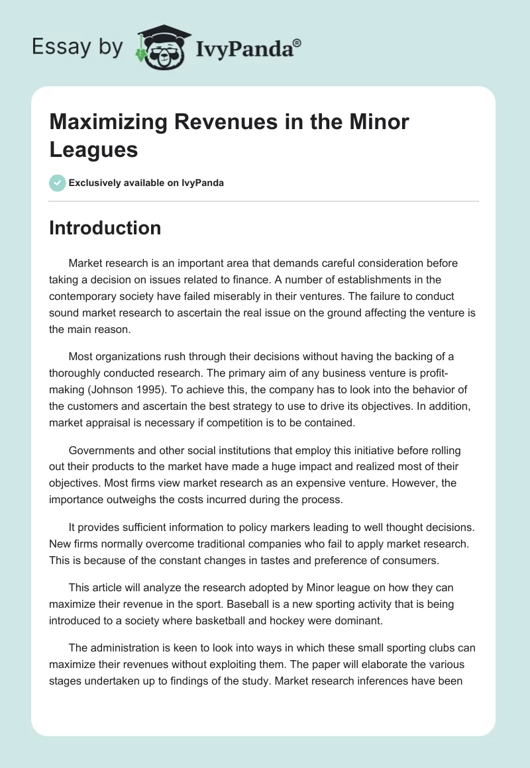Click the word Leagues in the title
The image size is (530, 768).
93,149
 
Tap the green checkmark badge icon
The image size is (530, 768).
58,183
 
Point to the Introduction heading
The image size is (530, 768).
105,228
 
